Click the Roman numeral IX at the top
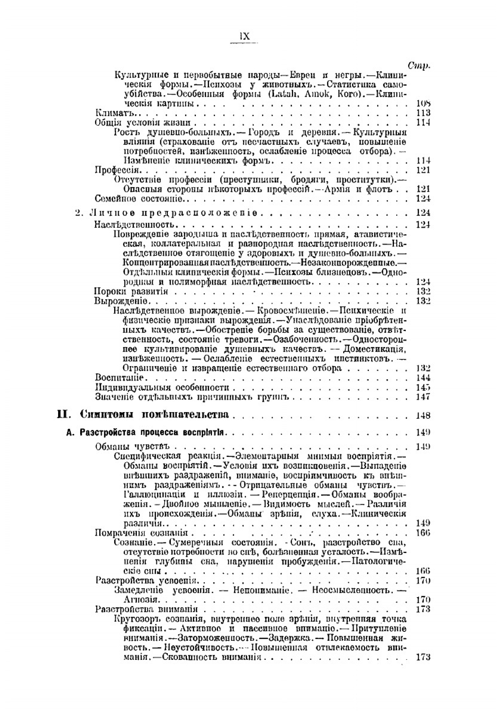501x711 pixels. [x=245, y=36]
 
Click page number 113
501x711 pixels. [x=423, y=113]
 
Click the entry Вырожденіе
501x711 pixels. [x=120, y=301]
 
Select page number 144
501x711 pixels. [x=423, y=378]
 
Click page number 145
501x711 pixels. [x=423, y=388]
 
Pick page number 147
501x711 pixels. [x=423, y=397]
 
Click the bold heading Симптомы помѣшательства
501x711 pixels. [x=154, y=415]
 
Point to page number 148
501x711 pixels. [x=423, y=415]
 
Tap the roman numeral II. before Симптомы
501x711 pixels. [x=66, y=415]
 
